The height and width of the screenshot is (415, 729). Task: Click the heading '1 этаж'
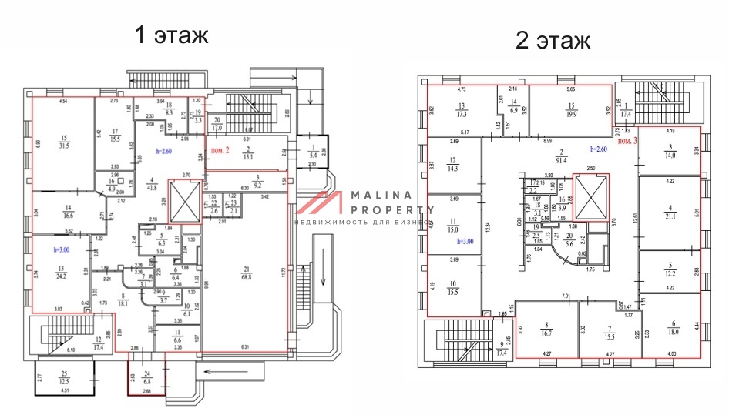coord(171,35)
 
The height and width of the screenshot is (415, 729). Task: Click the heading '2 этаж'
coord(553,41)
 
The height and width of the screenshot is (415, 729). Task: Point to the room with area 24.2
coord(59,273)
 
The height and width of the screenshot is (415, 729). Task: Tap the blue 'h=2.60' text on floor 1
coord(170,152)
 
